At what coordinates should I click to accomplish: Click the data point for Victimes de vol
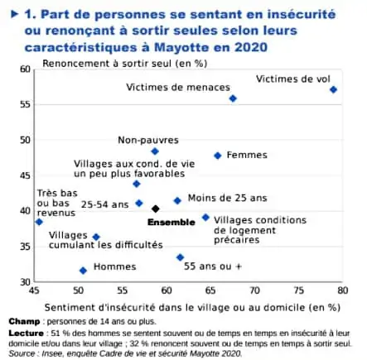coord(333,89)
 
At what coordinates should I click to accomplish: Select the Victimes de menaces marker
coord(233,98)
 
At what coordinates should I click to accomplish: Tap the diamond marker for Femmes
coord(218,156)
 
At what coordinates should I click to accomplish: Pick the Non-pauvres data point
coord(155,151)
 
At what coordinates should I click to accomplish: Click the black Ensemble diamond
coord(156,209)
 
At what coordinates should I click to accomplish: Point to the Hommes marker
coord(83,271)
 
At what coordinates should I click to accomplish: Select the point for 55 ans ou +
coord(180,257)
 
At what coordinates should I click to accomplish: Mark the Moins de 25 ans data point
coord(177,200)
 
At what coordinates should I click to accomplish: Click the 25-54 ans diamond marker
coord(139,204)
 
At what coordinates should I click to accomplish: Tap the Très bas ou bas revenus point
coord(39,222)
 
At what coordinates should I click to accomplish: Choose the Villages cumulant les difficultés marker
coord(96,237)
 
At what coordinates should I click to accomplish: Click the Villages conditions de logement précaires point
coord(205,218)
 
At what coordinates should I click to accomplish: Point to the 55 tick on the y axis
coord(25,104)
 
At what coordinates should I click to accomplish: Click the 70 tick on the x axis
coord(254,290)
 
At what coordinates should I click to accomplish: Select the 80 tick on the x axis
coord(342,290)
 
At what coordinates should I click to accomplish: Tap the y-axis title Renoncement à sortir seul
coord(125,64)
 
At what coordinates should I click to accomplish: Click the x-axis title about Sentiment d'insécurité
coord(192,307)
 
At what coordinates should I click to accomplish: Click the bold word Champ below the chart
coord(24,322)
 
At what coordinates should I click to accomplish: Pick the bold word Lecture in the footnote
coord(27,334)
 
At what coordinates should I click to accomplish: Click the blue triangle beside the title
coord(14,14)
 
